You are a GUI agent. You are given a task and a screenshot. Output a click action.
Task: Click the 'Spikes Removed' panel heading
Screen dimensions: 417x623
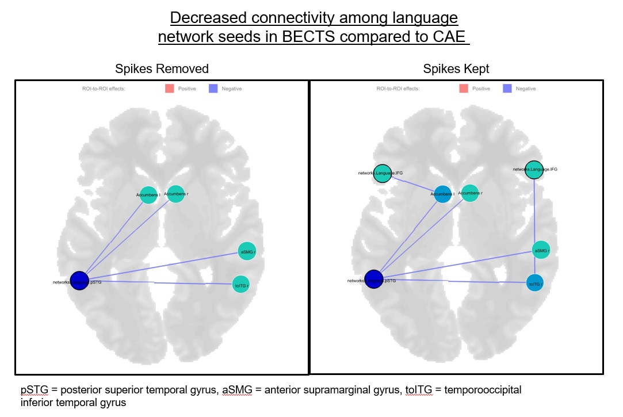[x=162, y=69]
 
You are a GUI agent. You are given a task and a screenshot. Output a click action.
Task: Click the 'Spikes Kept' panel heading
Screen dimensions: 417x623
[x=456, y=69]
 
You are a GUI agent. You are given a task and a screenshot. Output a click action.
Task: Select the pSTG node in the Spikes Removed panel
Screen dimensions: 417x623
[x=79, y=280]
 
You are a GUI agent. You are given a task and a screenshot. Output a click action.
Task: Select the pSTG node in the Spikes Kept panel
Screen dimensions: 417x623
[x=374, y=279]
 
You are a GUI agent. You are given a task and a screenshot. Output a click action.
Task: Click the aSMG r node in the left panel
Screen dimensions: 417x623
[x=247, y=251]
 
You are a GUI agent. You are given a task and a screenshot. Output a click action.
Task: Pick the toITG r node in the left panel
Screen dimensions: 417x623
[x=240, y=284]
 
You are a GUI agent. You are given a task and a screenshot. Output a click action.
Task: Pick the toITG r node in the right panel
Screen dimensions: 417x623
[x=535, y=282]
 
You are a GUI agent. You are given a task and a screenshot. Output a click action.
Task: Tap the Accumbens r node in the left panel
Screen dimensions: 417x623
[x=175, y=194]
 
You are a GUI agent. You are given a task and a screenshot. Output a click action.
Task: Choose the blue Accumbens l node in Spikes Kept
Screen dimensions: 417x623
[x=443, y=194]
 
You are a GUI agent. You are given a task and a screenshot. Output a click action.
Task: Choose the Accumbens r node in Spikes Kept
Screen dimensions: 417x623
[x=470, y=193]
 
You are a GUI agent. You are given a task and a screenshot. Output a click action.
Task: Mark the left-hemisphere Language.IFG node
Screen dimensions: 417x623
[x=383, y=173]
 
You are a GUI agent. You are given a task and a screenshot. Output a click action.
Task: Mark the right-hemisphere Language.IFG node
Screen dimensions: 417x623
[x=534, y=170]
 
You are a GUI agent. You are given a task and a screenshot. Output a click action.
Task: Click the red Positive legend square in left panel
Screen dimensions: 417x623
[x=170, y=89]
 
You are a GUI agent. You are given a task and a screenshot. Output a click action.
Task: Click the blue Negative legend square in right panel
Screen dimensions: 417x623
[x=507, y=89]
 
